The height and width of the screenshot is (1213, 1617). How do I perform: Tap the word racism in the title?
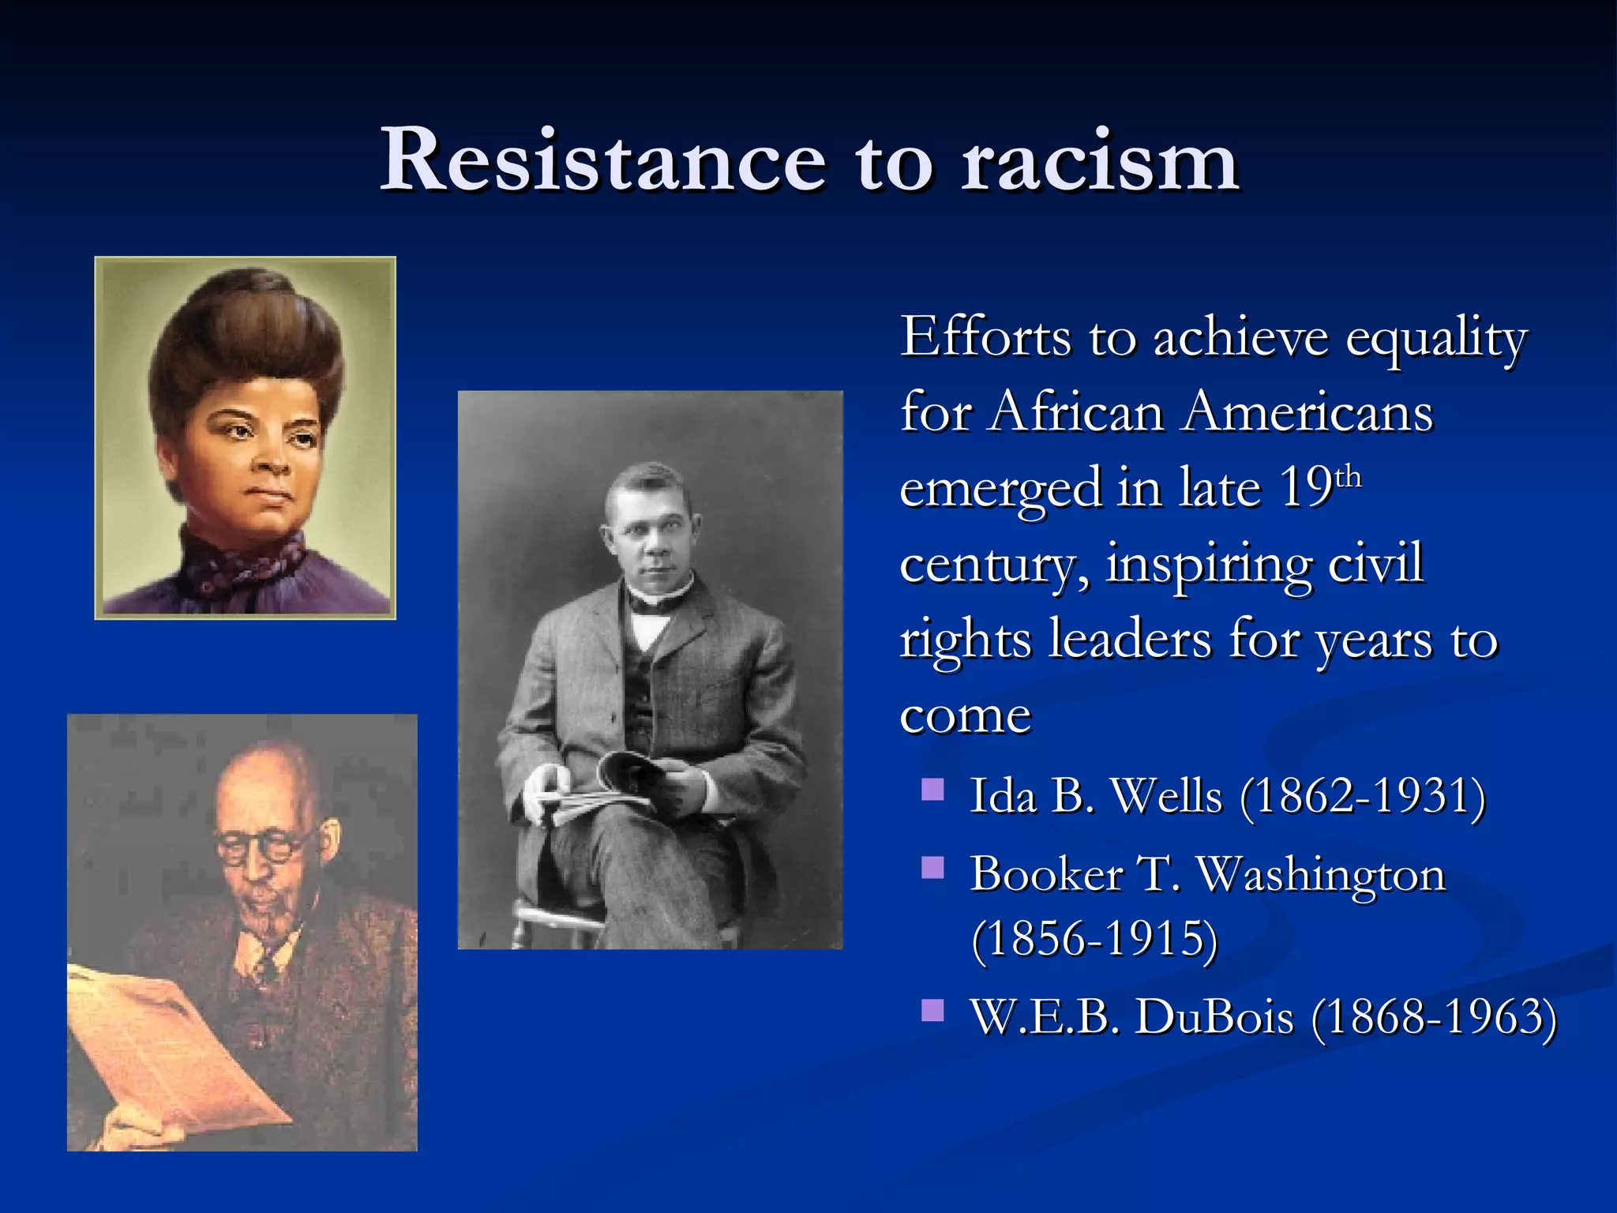(x=1099, y=162)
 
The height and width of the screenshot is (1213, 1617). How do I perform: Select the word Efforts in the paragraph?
(x=985, y=338)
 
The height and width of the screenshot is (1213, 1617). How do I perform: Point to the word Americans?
(x=1307, y=413)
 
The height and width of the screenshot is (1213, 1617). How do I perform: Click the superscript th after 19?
(x=1349, y=478)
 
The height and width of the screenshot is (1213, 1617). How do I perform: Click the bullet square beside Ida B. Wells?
(x=933, y=790)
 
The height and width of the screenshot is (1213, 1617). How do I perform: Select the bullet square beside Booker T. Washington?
(x=933, y=869)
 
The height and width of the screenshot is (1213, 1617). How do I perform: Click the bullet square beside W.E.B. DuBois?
(x=933, y=1010)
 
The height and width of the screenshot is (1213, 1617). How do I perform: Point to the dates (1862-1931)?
(x=1363, y=796)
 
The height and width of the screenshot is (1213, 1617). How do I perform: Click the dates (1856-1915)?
(x=1094, y=940)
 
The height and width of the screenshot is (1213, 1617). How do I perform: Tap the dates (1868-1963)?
(x=1434, y=1017)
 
